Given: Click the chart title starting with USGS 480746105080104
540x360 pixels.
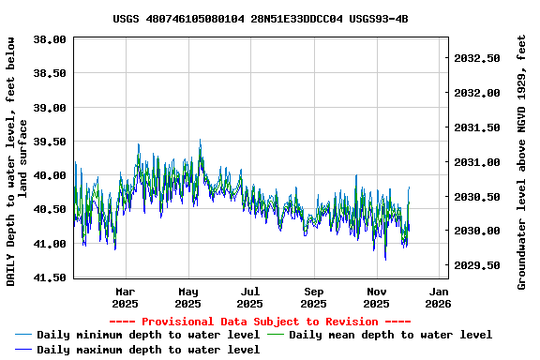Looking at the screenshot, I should click(260, 19).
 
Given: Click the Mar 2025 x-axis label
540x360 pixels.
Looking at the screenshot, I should click(125, 297).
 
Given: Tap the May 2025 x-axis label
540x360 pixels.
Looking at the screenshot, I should click(187, 297).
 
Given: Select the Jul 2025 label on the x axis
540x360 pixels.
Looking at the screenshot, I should click(250, 297).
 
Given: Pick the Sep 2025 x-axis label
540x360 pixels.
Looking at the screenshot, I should click(314, 297).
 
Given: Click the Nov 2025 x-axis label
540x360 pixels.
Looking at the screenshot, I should click(376, 297).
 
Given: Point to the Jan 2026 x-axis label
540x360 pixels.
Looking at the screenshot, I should click(438, 297).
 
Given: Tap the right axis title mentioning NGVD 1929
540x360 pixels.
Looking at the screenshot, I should click(522, 161).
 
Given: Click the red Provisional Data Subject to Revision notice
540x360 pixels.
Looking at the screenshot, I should click(260, 322).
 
